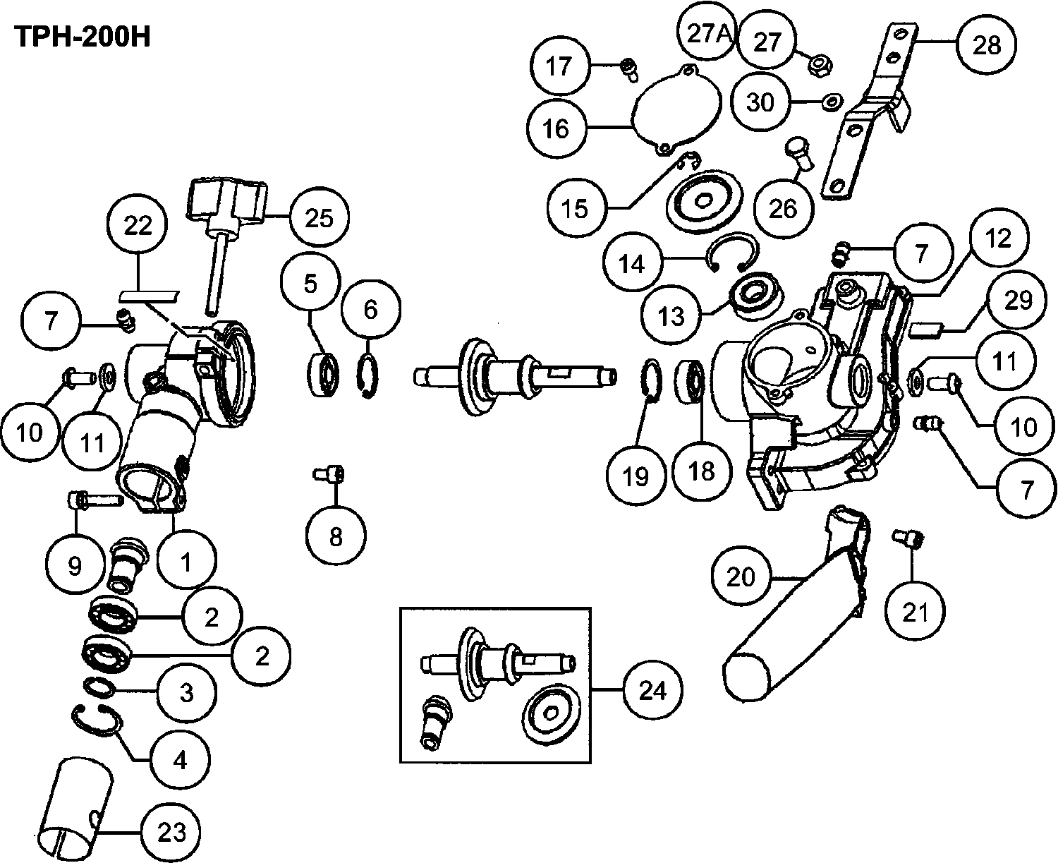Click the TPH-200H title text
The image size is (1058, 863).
coord(83,37)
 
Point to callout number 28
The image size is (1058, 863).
coord(986,45)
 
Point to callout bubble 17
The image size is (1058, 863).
coord(561,66)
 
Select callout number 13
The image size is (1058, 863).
coord(671,315)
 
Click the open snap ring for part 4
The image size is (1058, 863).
coord(99,717)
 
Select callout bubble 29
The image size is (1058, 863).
coord(1016,300)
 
